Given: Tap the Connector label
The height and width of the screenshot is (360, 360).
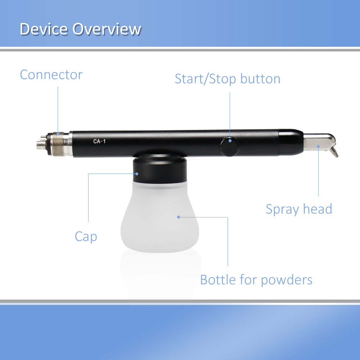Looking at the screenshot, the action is (51, 75).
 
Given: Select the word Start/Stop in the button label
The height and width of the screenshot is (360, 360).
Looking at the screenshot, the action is (206, 79).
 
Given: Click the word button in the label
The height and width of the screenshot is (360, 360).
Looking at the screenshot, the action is (260, 78).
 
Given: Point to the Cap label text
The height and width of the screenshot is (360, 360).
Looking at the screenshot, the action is (86, 237).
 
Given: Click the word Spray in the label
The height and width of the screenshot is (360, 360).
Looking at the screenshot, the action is (282, 209).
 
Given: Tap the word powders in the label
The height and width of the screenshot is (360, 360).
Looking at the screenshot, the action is (287, 280).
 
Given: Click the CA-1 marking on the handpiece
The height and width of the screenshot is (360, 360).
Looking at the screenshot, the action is (99, 141).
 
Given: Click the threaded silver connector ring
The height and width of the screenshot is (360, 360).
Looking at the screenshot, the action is (57, 144).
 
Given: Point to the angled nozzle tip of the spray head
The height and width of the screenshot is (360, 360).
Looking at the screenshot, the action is (334, 152).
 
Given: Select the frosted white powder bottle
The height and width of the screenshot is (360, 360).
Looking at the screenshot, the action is (160, 217).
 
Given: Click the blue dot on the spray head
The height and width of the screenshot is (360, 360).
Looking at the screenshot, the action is (318, 146).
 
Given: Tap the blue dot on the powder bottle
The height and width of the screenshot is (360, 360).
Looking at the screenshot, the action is (179, 217).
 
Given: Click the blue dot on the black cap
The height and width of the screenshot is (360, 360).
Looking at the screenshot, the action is (137, 174).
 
